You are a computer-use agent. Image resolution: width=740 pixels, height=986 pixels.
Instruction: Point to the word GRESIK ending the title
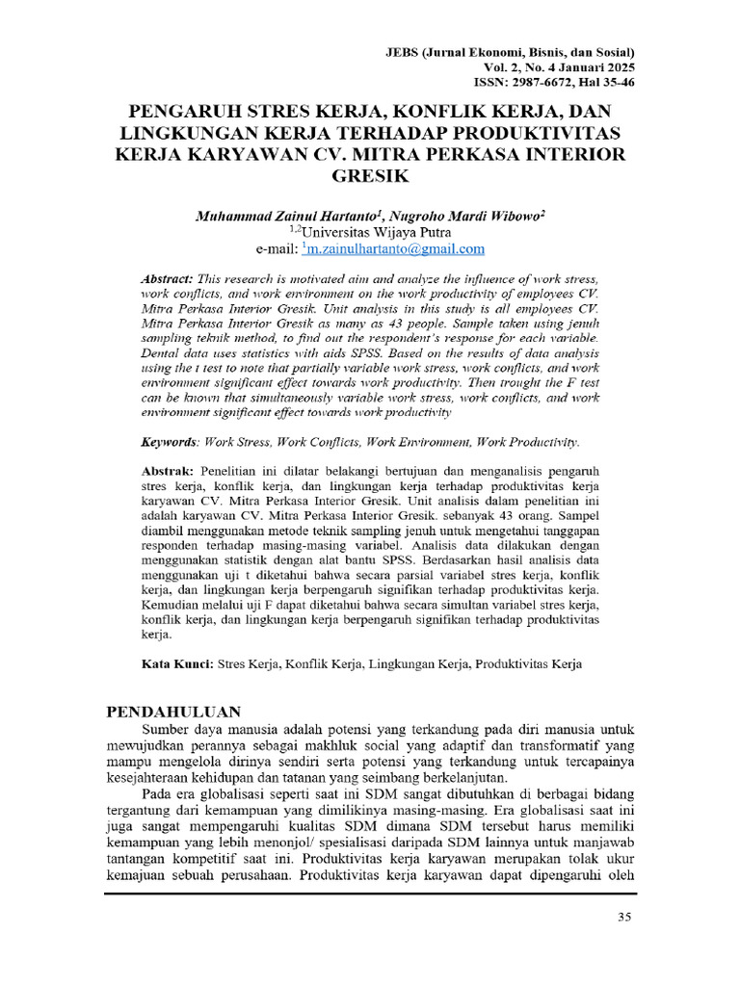coord(370,178)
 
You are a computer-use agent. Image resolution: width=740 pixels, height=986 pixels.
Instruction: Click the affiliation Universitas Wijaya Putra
coord(373,233)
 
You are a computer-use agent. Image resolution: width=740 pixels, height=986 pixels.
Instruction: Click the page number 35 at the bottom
coord(623,917)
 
